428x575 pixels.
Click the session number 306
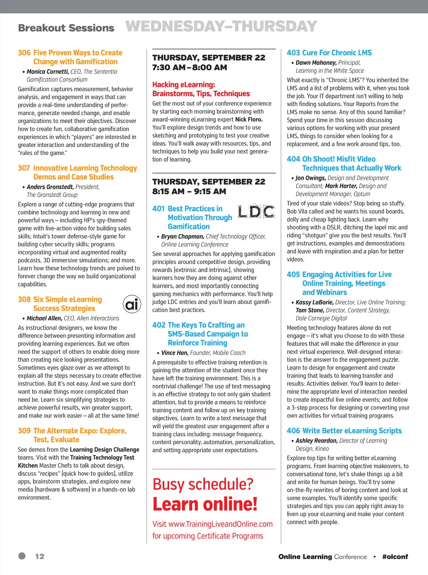[x=24, y=53]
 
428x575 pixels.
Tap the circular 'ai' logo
[x=132, y=304]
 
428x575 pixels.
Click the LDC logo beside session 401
[x=256, y=212]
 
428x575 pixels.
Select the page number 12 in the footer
[x=40, y=556]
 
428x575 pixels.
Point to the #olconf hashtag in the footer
[x=395, y=557]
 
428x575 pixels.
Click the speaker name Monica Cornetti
[x=48, y=71]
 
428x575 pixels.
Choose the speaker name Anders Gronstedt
[x=50, y=187]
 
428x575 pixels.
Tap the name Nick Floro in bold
[x=249, y=119]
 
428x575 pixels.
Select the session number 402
[x=159, y=325]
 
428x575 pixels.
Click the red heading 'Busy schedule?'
[x=203, y=484]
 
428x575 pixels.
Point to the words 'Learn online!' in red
[x=205, y=504]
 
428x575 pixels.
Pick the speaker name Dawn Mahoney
[x=316, y=63]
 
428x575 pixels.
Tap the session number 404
[x=293, y=159]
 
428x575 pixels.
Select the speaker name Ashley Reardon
[x=316, y=440]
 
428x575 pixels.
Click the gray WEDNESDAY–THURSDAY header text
[x=221, y=27]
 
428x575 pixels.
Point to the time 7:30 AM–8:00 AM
[x=189, y=67]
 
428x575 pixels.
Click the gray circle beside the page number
[x=22, y=556]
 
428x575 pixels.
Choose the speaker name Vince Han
[x=175, y=353]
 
